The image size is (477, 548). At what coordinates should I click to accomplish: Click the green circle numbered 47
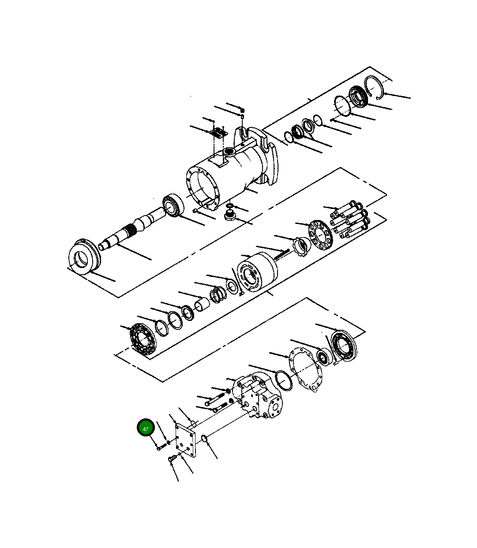[x=145, y=428]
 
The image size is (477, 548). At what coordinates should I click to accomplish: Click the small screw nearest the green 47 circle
[x=160, y=447]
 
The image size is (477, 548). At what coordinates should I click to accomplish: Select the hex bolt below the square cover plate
[x=172, y=460]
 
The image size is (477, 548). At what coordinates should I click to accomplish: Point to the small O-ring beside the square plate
[x=204, y=438]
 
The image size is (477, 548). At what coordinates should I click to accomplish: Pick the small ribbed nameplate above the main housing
[x=217, y=132]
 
